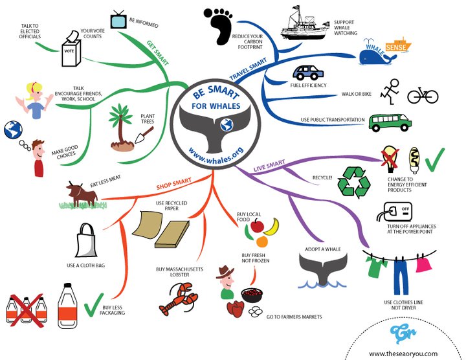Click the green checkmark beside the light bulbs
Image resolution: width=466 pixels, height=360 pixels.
click(434, 157)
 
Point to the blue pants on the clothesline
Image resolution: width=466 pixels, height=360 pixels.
click(401, 273)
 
